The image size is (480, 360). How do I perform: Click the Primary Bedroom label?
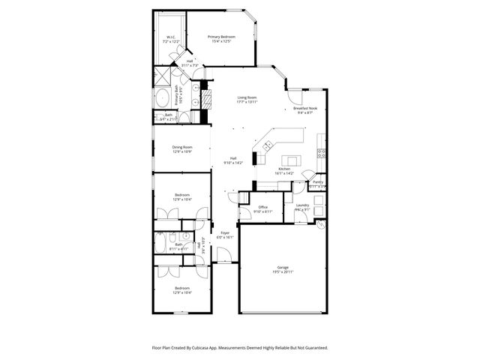221,37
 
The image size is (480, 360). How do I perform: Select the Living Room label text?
247,97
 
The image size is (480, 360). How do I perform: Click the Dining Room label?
182,147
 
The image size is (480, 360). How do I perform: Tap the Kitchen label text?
284,169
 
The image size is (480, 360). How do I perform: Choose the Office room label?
262,207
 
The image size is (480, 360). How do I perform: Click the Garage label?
283,267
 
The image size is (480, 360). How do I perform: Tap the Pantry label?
318,182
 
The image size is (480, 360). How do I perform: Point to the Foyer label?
224,232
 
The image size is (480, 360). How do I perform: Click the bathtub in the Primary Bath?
164,98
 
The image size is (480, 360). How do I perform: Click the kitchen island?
289,160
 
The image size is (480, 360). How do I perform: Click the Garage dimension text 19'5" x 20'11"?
283,271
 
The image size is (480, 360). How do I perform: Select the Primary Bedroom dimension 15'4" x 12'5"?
221,41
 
